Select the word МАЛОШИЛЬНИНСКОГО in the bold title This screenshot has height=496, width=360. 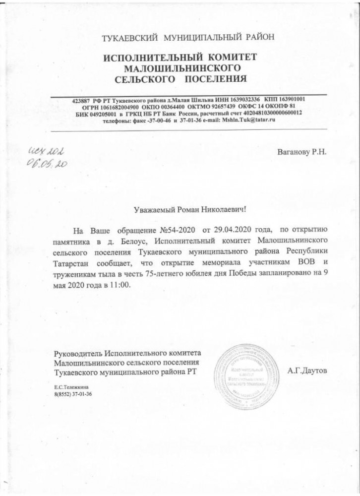(181, 67)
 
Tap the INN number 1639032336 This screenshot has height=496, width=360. (243, 99)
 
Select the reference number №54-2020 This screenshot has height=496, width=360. (177, 231)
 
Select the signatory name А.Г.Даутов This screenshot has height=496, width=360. (307, 371)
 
